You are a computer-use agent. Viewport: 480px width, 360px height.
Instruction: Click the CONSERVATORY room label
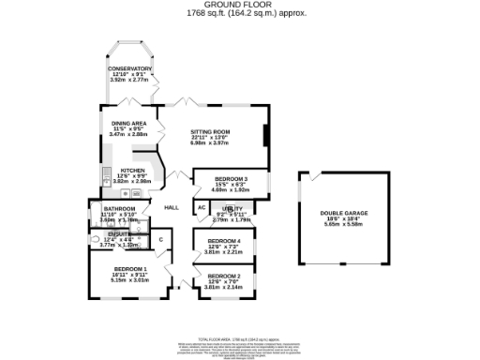pos(129,68)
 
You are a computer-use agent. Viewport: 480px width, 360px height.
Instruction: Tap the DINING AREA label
pos(129,124)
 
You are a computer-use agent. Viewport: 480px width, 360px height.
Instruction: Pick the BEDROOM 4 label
pos(224,241)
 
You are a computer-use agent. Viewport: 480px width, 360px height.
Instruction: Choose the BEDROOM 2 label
pos(224,276)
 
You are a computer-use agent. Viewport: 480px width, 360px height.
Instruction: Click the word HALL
pos(172,207)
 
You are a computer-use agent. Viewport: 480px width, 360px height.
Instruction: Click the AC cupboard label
pos(201,207)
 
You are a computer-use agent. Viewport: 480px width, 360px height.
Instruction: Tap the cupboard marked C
pos(160,240)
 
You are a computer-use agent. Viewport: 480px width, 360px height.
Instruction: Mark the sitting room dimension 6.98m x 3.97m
pos(211,143)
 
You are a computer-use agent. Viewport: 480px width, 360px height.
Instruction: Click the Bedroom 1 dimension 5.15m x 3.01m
pos(130,279)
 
